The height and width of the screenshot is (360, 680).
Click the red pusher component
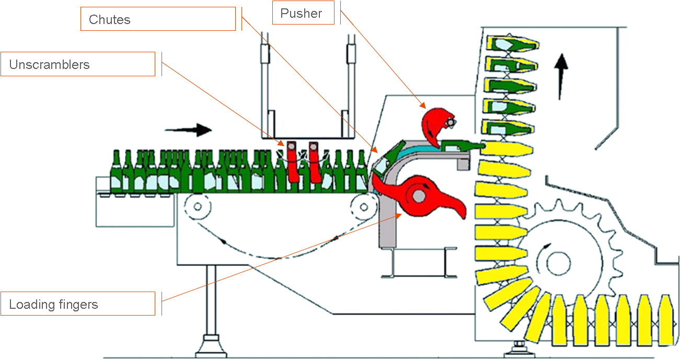pyautogui.click(x=435, y=126)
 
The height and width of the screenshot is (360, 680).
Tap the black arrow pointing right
pyautogui.click(x=188, y=130)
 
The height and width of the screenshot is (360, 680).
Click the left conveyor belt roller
pyautogui.click(x=198, y=206)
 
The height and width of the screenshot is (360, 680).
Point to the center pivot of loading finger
pyautogui.click(x=419, y=195)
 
